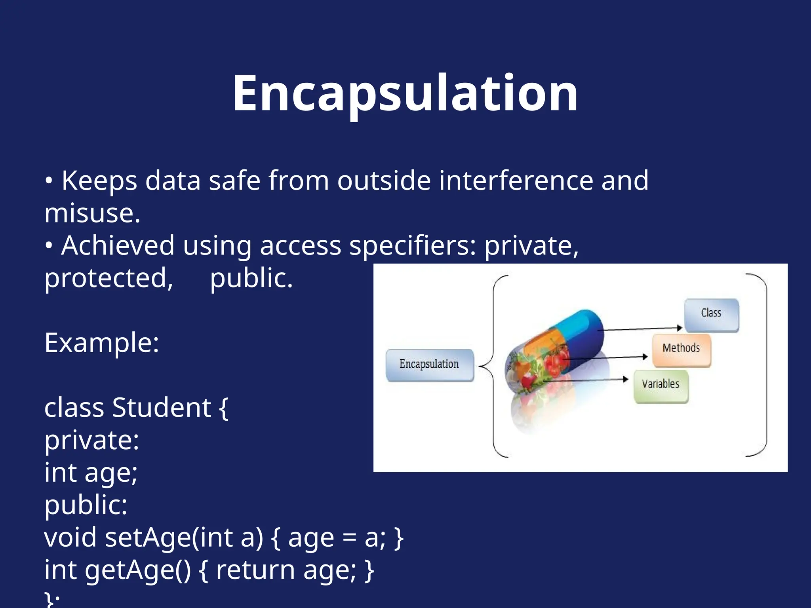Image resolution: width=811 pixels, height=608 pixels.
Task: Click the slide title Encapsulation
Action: click(405, 94)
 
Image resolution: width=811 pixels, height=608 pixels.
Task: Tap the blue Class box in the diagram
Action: click(711, 315)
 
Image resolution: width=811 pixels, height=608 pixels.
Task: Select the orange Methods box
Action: click(681, 350)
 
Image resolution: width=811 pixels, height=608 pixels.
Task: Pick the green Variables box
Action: click(661, 386)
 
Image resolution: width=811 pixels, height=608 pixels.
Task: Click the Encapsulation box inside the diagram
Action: click(429, 365)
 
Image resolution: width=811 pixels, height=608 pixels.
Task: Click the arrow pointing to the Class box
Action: click(642, 329)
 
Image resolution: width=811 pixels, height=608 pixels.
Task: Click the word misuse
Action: click(92, 214)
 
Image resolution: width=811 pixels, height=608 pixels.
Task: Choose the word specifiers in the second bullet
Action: click(412, 246)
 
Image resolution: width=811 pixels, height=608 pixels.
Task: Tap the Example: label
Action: click(102, 343)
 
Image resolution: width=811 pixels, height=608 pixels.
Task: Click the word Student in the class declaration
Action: click(162, 408)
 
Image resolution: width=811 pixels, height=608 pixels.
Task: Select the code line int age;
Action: click(91, 473)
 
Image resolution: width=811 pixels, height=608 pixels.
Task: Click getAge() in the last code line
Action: click(137, 570)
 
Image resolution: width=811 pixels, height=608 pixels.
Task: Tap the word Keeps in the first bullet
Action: click(99, 181)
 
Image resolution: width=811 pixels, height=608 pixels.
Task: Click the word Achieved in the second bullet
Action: click(118, 246)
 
